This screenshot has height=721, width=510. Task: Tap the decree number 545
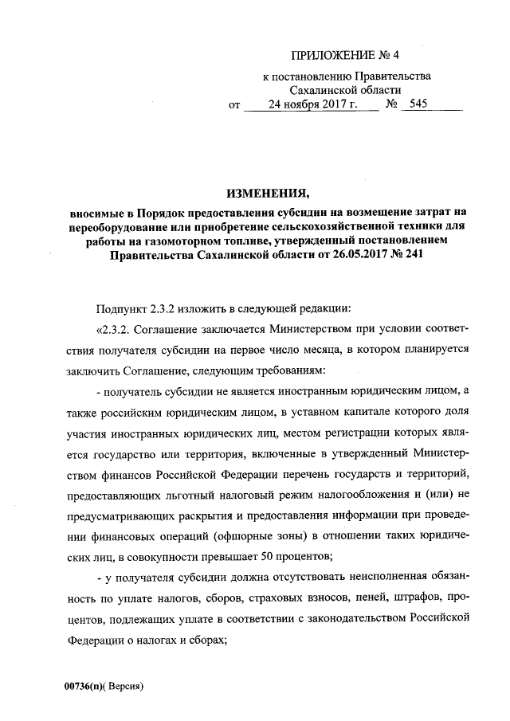[x=420, y=104]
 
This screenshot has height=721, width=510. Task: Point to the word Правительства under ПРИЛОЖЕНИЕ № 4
[x=391, y=76]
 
